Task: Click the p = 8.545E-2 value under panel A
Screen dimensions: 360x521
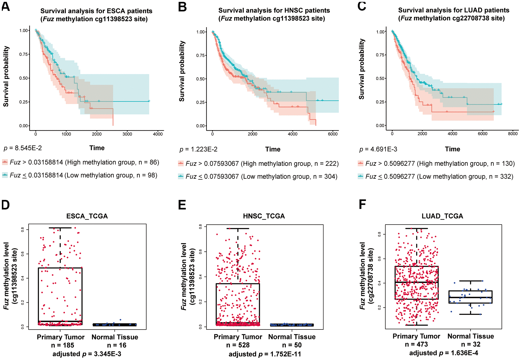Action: tap(23, 148)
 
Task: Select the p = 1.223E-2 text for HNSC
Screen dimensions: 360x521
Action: tap(198, 149)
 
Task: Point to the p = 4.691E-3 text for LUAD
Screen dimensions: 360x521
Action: tap(378, 149)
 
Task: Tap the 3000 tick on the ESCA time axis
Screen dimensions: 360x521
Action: tap(127, 134)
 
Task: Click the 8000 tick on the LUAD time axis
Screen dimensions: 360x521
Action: tap(513, 134)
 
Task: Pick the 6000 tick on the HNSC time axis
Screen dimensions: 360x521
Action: tap(332, 134)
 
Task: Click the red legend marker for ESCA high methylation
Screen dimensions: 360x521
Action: tap(5, 162)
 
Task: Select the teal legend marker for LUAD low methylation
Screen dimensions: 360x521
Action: tap(360, 176)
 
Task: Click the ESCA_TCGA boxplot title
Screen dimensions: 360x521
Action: tap(87, 216)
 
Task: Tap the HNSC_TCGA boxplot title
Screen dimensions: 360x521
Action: tap(264, 216)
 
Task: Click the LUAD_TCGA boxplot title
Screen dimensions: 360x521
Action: tap(442, 216)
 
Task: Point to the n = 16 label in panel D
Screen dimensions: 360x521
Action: tap(117, 345)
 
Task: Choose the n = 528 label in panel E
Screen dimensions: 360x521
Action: tap(238, 345)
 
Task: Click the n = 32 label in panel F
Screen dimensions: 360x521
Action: tap(471, 344)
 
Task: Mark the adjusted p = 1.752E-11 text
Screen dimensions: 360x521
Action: tap(265, 354)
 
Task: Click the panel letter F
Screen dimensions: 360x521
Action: tap(362, 204)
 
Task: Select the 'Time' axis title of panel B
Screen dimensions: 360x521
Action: tap(273, 149)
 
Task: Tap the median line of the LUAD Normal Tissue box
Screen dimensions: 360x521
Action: tap(470, 297)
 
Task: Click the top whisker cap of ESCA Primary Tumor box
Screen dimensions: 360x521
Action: tap(60, 228)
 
